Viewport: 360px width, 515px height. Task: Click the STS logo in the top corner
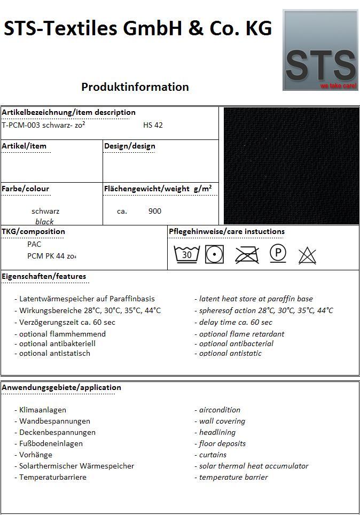(320, 50)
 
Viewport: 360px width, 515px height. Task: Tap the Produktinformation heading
(135, 87)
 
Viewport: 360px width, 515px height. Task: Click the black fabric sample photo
(291, 166)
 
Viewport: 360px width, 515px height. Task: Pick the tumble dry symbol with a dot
(215, 254)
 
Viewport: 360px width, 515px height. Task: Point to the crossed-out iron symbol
(246, 254)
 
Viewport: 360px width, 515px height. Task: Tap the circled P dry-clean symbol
(278, 253)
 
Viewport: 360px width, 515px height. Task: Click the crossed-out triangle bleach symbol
(307, 255)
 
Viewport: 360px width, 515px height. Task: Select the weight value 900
(155, 211)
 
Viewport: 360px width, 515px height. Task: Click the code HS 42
(153, 126)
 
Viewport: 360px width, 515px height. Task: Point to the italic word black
(45, 221)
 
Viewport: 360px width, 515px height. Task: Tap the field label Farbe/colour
(26, 189)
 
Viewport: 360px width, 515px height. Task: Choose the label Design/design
(130, 146)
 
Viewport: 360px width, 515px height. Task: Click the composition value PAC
(34, 244)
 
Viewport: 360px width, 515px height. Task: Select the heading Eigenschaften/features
(44, 276)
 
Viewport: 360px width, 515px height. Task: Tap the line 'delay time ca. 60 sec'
(233, 322)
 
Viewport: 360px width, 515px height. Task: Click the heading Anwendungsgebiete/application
(61, 387)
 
